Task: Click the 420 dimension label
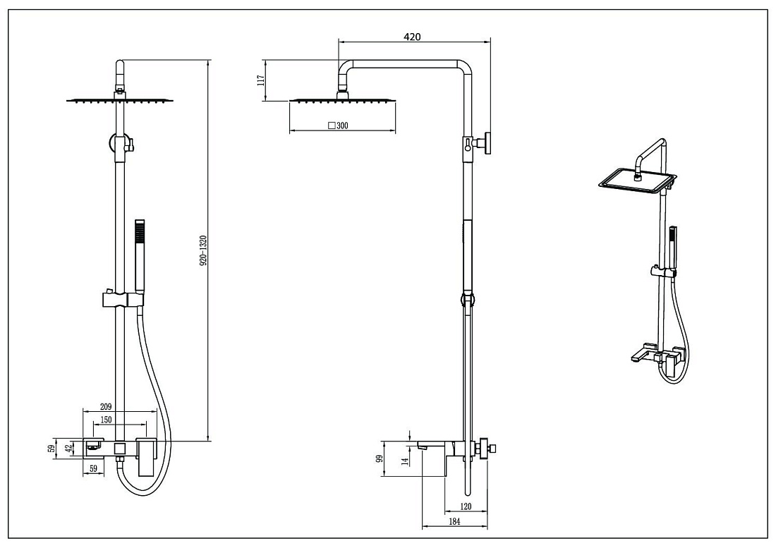point(412,37)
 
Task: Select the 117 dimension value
point(261,80)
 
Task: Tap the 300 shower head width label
point(342,126)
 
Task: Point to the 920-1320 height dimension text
point(203,251)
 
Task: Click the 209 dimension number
point(106,406)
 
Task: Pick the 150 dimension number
point(106,420)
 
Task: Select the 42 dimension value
point(70,449)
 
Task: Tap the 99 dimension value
point(380,458)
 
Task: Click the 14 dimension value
point(405,461)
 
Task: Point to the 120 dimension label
point(466,506)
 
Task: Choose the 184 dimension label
point(454,521)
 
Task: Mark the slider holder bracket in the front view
point(123,299)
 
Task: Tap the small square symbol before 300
point(332,125)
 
